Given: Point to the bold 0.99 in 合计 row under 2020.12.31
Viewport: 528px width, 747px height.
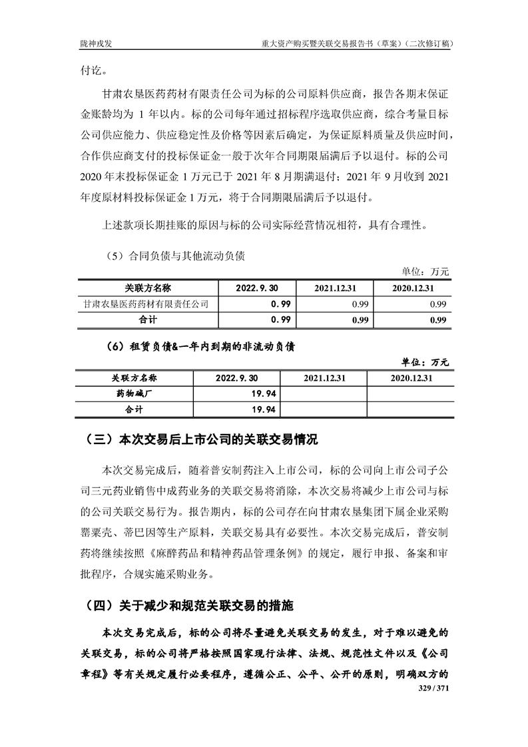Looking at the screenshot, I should [437, 320].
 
